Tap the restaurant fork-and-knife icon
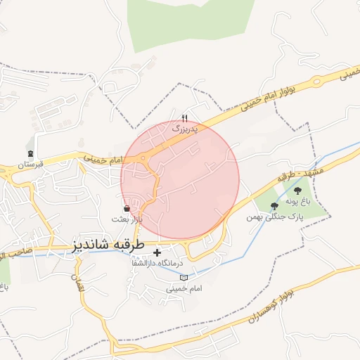(x=185, y=118)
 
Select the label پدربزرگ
(x=185, y=129)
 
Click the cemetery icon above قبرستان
(x=30, y=153)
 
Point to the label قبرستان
(x=30, y=165)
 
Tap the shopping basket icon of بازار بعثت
(x=126, y=208)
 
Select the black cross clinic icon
(x=157, y=252)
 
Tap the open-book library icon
(x=184, y=278)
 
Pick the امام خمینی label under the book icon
(x=183, y=288)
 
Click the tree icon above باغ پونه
(x=297, y=191)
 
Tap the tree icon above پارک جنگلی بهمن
(x=274, y=206)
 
